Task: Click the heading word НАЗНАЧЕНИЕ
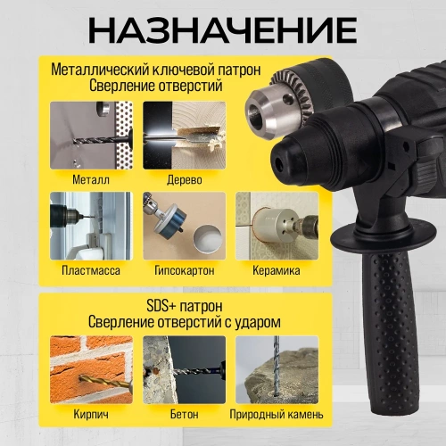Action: (222, 29)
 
